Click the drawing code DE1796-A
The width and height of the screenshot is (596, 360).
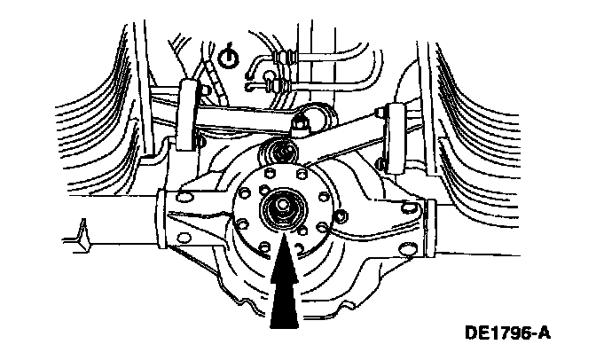[x=507, y=334]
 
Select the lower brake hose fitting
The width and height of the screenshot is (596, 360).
[x=277, y=85]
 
